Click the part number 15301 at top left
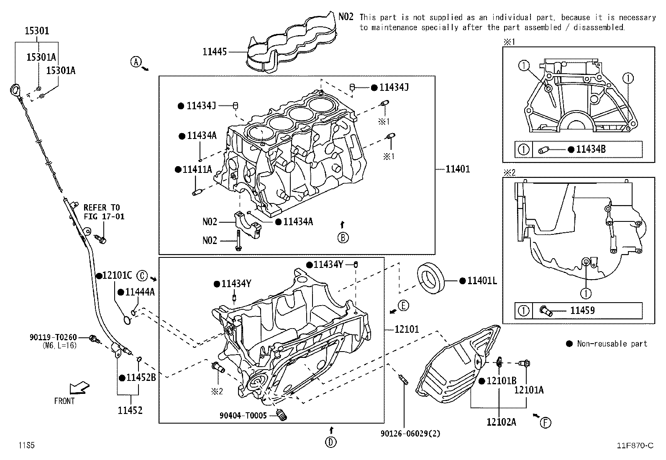coord(37,31)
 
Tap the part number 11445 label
coord(215,52)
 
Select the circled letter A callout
coord(136,62)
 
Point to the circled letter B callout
coord(343,238)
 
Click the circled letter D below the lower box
coord(330,442)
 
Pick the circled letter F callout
coord(545,423)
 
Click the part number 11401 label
coord(458,169)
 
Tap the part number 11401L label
coord(482,280)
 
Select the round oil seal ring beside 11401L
coord(431,278)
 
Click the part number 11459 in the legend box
coord(582,310)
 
